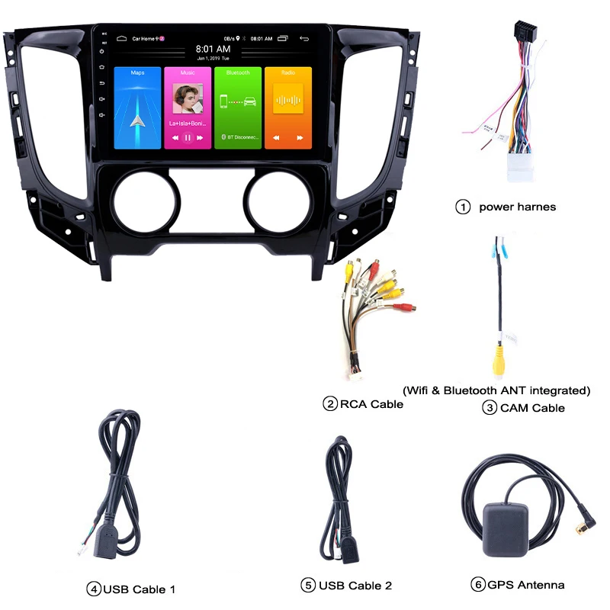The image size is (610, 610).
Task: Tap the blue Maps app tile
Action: pyautogui.click(x=137, y=108)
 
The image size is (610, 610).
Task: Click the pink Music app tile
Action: pyautogui.click(x=188, y=108)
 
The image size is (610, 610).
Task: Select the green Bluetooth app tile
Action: pyautogui.click(x=237, y=108)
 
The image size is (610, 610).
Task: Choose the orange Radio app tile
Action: pyautogui.click(x=287, y=108)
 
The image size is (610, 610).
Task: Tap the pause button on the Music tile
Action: pyautogui.click(x=188, y=138)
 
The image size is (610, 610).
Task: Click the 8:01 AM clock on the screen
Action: pyautogui.click(x=213, y=48)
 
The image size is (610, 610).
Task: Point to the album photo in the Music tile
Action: pyautogui.click(x=188, y=98)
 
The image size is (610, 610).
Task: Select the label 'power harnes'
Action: pyautogui.click(x=517, y=207)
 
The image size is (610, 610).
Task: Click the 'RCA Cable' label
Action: pyautogui.click(x=371, y=404)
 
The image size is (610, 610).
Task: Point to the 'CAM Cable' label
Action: pyautogui.click(x=532, y=408)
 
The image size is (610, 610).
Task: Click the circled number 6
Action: pyautogui.click(x=478, y=586)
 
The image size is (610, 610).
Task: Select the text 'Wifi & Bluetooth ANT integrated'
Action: pyautogui.click(x=497, y=390)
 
